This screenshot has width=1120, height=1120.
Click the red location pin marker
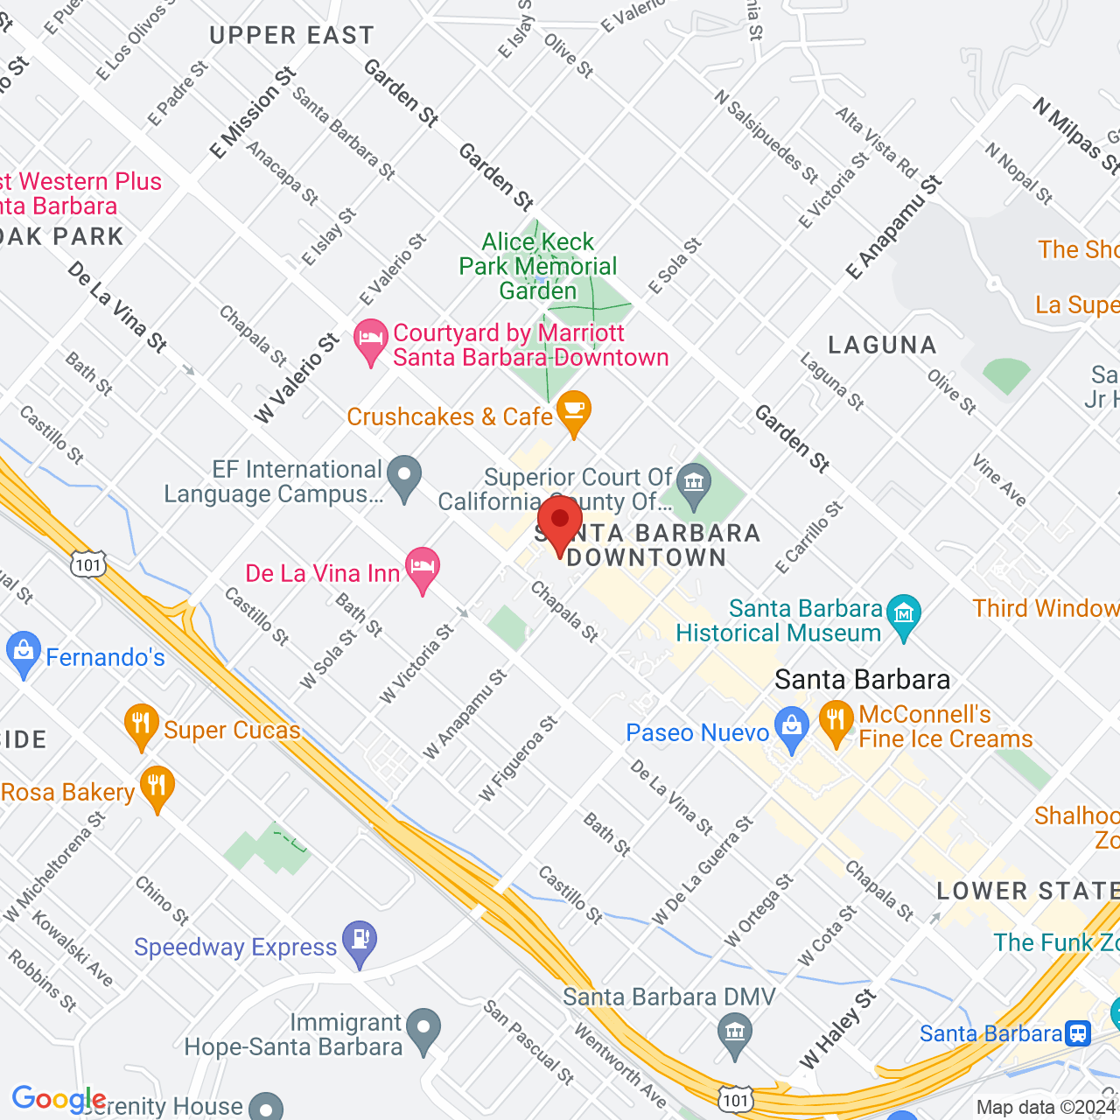tap(559, 521)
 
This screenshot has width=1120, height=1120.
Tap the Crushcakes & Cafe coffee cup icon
tap(573, 411)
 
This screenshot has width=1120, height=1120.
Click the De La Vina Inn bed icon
tap(423, 569)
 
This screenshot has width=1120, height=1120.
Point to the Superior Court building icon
tap(695, 484)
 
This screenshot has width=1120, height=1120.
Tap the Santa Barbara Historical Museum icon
tap(904, 614)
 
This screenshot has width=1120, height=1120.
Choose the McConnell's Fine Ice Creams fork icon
tap(836, 723)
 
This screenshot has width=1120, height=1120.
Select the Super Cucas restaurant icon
tap(141, 724)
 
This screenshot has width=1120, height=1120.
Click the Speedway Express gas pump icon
tap(360, 941)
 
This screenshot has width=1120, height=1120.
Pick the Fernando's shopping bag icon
tap(23, 653)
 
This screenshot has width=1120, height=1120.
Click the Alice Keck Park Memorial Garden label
tap(538, 266)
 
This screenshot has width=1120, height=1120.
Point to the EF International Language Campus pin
tap(404, 477)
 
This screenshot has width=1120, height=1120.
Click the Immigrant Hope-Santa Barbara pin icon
tap(424, 1029)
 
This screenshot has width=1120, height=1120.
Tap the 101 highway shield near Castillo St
tap(88, 564)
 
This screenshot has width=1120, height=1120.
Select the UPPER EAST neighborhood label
tap(291, 36)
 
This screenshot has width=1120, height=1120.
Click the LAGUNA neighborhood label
tap(882, 346)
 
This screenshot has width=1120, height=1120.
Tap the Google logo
tap(58, 1099)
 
